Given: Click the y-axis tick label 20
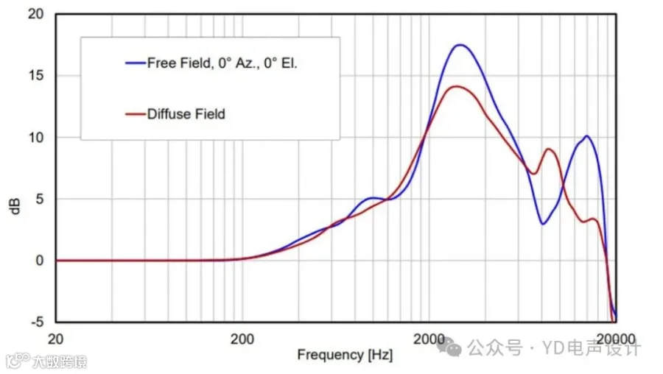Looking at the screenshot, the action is (35, 14).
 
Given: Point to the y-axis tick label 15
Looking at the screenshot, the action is (35, 76).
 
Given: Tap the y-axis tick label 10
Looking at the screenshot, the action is (35, 138).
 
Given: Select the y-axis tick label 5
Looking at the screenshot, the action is (39, 199).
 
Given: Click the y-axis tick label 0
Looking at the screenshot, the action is (39, 261).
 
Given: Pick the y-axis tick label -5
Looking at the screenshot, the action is (38, 322).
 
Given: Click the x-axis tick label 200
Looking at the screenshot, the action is (242, 339).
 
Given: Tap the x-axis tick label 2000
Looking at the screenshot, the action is (429, 339).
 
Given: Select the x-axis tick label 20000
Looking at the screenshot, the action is (616, 339).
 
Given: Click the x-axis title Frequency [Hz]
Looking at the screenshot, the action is (345, 355).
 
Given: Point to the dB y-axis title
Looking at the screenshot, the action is (15, 206).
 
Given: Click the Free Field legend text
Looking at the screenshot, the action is (222, 63).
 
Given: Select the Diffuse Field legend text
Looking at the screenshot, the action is (186, 114).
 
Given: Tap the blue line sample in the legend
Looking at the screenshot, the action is (136, 63).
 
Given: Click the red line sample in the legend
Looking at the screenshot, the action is (136, 114).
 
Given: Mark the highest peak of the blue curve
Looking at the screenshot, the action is (460, 45).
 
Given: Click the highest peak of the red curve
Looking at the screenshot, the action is (456, 86).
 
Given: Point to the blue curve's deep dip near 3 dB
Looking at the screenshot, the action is (542, 224).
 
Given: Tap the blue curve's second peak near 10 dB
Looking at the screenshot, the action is (587, 136).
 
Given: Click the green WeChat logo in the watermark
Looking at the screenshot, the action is (449, 347).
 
